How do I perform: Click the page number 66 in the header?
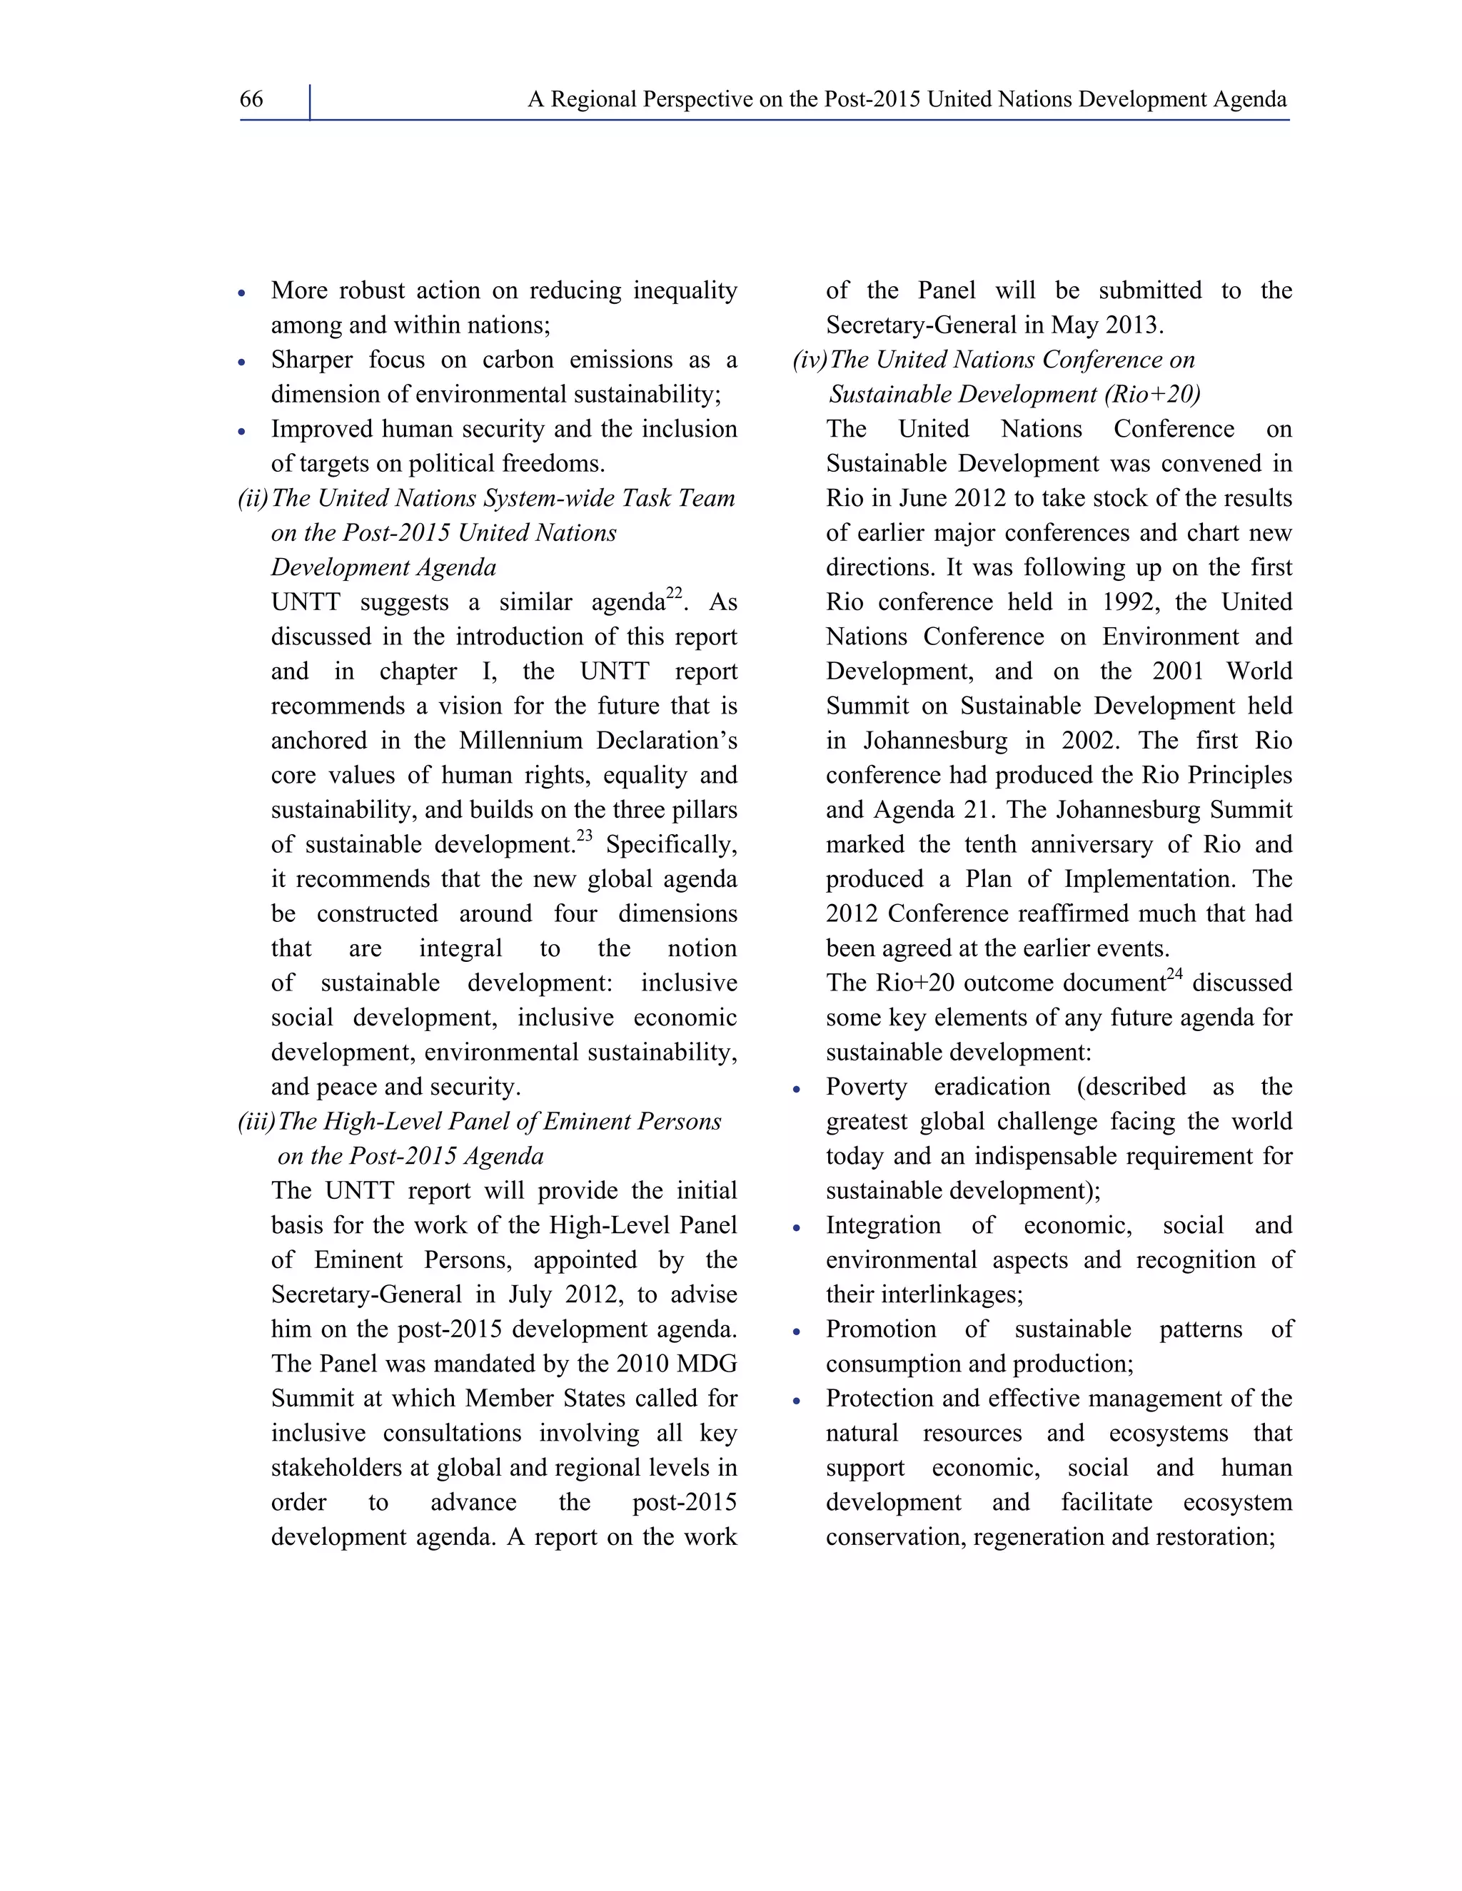[x=251, y=100]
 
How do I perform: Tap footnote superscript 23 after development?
[x=585, y=836]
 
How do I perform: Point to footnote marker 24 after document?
[x=1174, y=974]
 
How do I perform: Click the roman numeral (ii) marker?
[x=253, y=499]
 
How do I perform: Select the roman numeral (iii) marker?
[x=256, y=1122]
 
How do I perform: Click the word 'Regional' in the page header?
[x=590, y=100]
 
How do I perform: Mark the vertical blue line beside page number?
[x=309, y=102]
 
